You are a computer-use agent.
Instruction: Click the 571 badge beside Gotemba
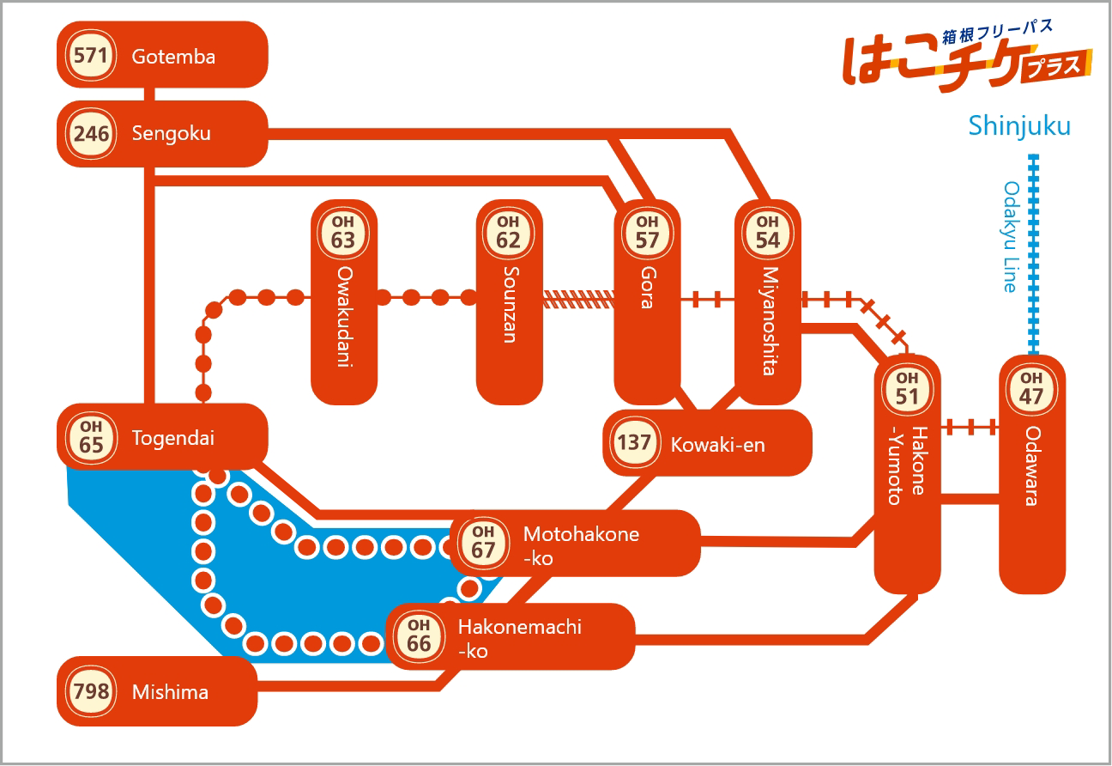(x=91, y=55)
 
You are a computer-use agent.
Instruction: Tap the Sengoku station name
(x=172, y=134)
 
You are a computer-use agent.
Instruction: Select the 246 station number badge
(x=91, y=134)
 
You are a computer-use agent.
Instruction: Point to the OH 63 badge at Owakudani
(x=343, y=233)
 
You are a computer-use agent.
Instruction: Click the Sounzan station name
(x=511, y=305)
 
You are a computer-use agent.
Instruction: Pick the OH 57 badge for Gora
(x=647, y=233)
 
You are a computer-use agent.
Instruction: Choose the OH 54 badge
(x=767, y=233)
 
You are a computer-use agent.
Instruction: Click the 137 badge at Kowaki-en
(x=634, y=442)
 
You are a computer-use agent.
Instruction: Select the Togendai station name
(x=173, y=438)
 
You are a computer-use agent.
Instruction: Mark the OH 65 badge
(x=91, y=438)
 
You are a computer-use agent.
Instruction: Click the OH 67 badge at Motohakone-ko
(x=483, y=543)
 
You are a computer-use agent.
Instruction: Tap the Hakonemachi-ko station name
(x=519, y=639)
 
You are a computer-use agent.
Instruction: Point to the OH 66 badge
(x=419, y=636)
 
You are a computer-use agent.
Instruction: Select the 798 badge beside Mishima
(x=91, y=691)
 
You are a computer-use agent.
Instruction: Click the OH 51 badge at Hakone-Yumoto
(x=907, y=389)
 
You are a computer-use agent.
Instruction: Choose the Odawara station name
(x=1033, y=466)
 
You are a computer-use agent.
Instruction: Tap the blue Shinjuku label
(x=1019, y=125)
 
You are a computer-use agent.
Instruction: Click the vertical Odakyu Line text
(x=1012, y=237)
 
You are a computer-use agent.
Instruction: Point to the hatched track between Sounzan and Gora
(x=578, y=300)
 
